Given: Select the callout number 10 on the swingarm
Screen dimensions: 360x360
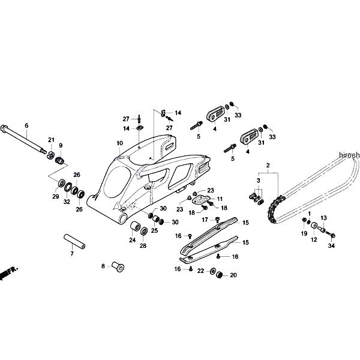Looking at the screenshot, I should coord(119,143).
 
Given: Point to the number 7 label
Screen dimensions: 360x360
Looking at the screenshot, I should coord(72,254).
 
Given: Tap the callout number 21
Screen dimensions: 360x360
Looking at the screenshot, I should coord(51,140).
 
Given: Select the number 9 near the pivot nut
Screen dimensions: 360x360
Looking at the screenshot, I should coord(60,145).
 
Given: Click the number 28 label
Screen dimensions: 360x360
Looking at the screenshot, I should coord(144,247).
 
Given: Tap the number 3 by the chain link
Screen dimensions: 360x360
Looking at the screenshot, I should coord(259,180).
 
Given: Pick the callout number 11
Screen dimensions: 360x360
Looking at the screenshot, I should coord(219,199).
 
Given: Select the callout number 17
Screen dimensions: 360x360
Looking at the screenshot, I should coord(205,220).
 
